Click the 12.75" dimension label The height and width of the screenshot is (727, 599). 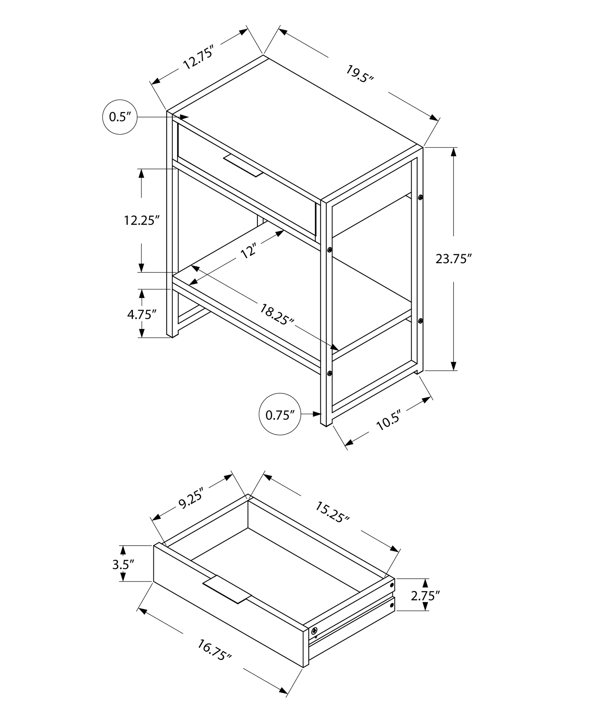[x=197, y=57]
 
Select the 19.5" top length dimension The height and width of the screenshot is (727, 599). [x=359, y=74]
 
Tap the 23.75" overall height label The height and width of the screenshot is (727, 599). [x=454, y=259]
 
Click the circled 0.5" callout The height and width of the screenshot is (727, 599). [x=120, y=117]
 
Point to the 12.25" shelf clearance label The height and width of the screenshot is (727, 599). [x=142, y=220]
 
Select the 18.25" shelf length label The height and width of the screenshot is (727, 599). [x=277, y=314]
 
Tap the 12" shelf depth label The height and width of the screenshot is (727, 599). [x=249, y=251]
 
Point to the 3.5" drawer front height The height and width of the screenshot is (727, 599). [x=123, y=574]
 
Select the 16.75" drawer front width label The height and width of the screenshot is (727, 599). [x=214, y=650]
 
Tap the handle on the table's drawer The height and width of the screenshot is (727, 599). [x=243, y=165]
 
